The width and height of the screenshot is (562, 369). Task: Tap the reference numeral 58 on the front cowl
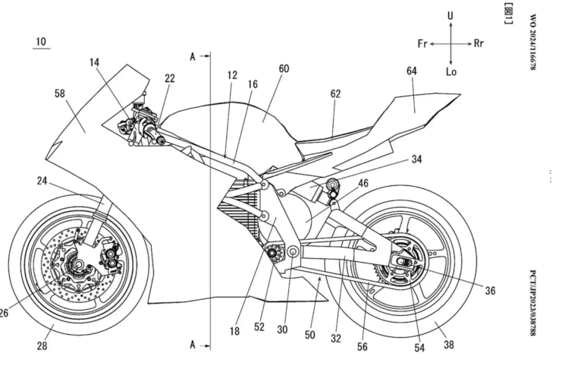point(60,94)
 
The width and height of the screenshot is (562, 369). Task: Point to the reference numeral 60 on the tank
point(284,68)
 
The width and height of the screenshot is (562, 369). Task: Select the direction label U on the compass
point(451,15)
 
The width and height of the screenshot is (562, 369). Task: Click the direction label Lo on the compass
point(451,71)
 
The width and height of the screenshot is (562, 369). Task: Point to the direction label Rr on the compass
point(478,43)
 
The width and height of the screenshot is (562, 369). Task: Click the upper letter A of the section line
point(194,56)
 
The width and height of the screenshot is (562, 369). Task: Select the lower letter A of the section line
point(194,345)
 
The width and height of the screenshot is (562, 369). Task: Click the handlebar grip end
point(162,140)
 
